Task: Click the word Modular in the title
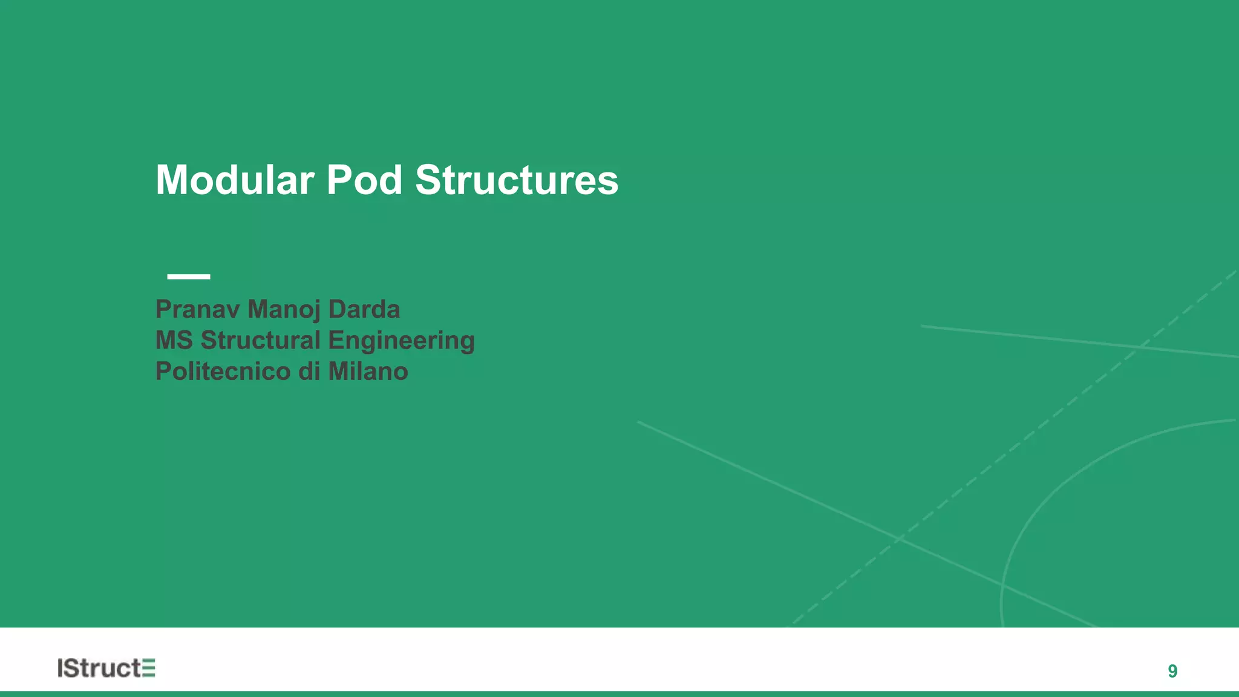[235, 180]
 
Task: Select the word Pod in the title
[364, 180]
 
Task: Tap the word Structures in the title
[517, 180]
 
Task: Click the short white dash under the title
[189, 277]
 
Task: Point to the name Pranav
[198, 309]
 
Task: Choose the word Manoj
[284, 309]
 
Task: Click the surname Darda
[364, 309]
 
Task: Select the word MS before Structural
[174, 340]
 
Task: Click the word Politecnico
[223, 371]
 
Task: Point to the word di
[309, 371]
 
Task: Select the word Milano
[368, 371]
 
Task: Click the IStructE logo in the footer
[106, 668]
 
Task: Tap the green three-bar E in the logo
[149, 668]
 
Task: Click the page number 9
[1172, 671]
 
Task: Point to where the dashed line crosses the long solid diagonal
[900, 538]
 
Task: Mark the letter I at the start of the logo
[60, 668]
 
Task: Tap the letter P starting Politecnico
[163, 371]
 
